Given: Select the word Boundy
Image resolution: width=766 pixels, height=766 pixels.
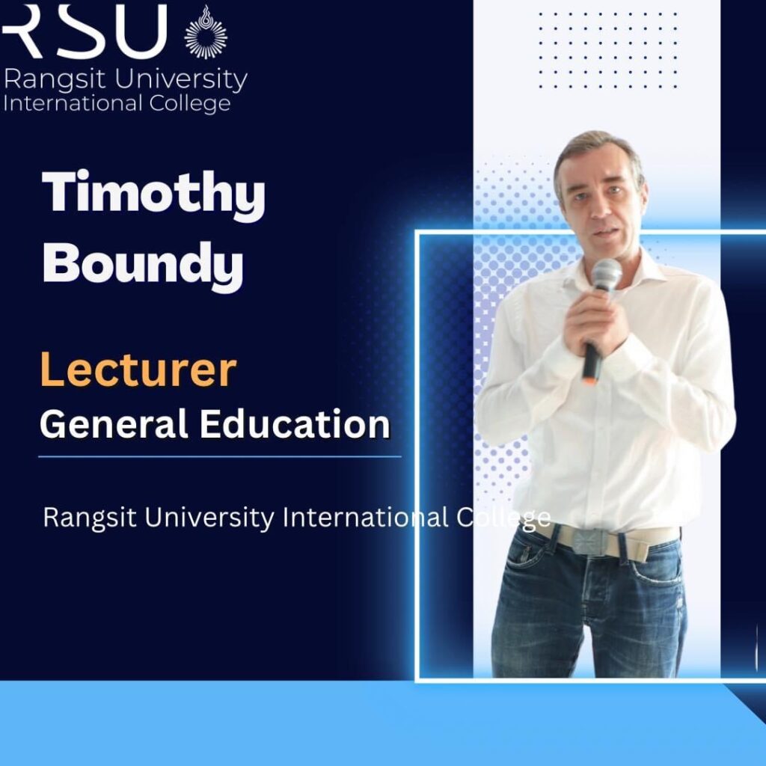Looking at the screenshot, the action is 143,266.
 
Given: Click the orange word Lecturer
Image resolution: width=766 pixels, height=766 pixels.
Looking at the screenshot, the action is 138,370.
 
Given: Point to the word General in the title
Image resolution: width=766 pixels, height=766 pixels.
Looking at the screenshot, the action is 114,423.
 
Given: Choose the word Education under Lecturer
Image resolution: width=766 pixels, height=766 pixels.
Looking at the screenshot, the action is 295,423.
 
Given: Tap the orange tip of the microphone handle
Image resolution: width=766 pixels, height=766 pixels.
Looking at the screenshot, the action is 589,379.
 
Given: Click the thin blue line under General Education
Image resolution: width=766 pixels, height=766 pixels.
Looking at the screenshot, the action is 220,457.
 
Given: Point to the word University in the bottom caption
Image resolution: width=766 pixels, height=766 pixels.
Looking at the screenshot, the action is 209,518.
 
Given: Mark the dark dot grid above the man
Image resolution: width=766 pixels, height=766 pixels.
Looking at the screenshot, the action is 608,50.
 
